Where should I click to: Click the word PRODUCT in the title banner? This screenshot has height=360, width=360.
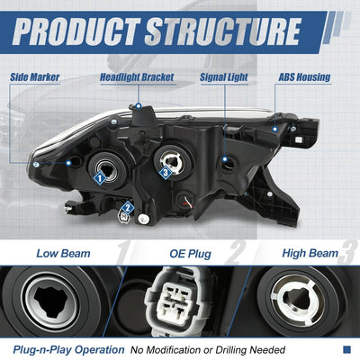(75, 31)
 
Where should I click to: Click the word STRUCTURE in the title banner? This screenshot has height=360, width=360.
(222, 31)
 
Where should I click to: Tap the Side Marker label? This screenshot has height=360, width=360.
(35, 77)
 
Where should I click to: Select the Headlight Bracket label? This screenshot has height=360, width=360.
(137, 77)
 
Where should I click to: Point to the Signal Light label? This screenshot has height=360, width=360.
(224, 77)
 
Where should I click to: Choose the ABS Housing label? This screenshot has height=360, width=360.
(304, 77)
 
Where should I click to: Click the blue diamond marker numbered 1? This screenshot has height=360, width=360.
(100, 178)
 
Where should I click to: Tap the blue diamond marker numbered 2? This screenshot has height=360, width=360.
(128, 208)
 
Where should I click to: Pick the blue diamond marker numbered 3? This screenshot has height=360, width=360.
(165, 173)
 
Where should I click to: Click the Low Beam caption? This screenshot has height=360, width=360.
(63, 254)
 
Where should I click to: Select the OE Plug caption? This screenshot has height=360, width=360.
(191, 254)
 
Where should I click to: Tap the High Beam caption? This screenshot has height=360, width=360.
(310, 253)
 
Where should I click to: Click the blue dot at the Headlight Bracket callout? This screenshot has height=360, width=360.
(139, 106)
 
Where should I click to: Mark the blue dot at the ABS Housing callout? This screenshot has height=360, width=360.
(274, 130)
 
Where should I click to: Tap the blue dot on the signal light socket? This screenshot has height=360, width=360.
(225, 159)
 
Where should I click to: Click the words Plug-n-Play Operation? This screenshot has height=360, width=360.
(68, 350)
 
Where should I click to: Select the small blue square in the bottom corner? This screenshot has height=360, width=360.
(346, 349)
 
